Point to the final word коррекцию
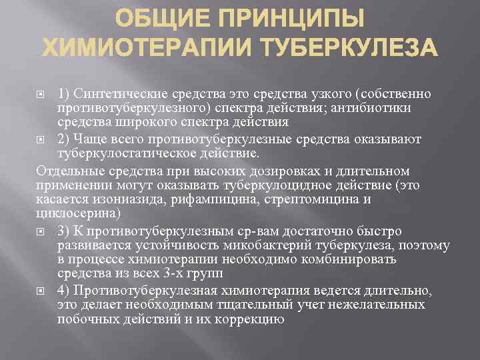[253, 319]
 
